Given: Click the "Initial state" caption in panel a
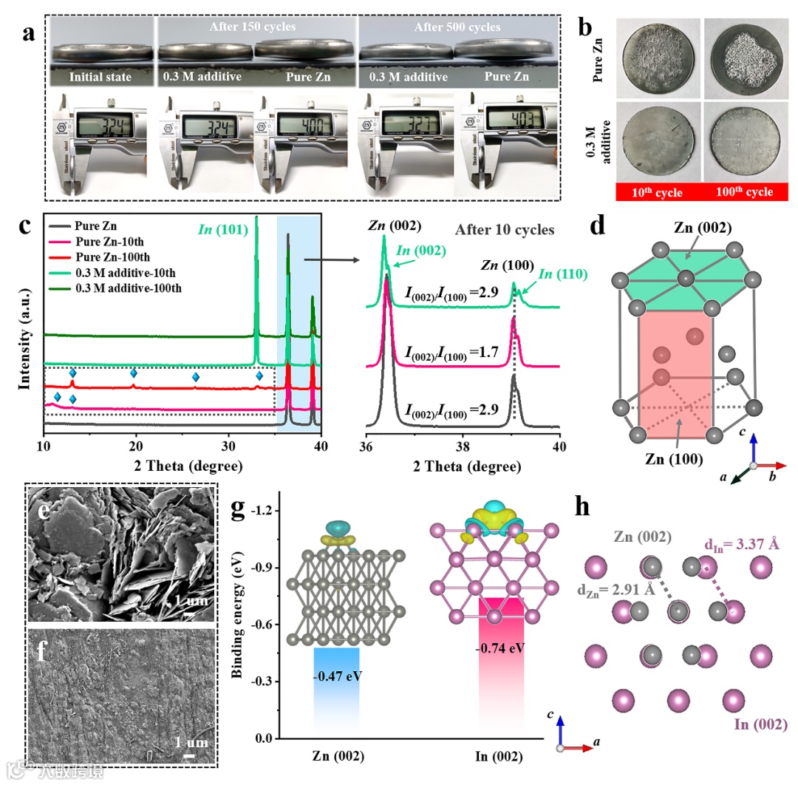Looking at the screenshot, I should [101, 76].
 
